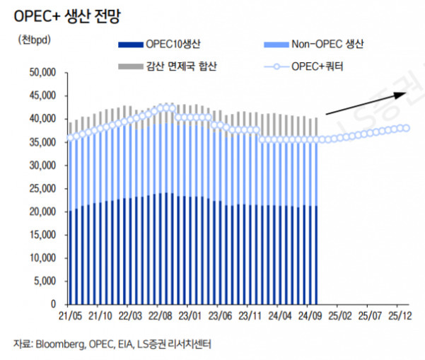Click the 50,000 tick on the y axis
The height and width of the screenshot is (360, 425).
41,72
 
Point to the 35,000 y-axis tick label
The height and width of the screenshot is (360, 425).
41,142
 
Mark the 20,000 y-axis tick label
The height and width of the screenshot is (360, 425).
41,211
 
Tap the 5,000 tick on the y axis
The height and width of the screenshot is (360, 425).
44,281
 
